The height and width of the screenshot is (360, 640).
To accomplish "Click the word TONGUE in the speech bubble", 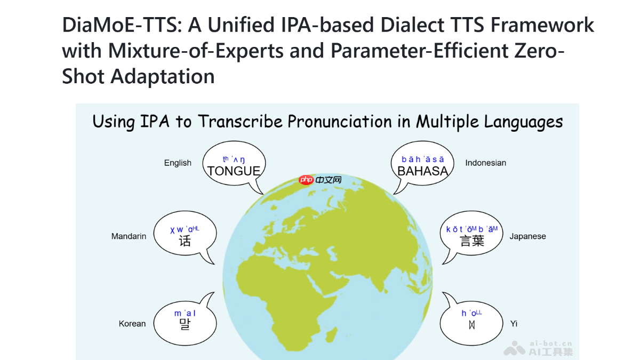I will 234,171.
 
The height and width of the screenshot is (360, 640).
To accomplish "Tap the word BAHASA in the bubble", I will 422,171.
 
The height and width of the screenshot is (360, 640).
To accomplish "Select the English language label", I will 178,163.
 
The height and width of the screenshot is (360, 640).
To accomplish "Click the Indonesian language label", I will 485,163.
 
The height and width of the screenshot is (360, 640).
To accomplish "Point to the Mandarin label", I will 129,236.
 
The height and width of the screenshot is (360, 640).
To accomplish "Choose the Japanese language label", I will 527,236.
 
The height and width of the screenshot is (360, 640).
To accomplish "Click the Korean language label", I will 132,323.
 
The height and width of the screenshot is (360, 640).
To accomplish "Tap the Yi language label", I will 514,323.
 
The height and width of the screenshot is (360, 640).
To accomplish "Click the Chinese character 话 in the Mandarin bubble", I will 185,241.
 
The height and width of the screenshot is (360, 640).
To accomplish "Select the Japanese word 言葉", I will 472,241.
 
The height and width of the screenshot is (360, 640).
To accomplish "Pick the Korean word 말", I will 185,324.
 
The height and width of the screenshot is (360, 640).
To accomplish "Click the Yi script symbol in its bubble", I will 471,324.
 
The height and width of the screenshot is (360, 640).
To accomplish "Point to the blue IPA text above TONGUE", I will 234,159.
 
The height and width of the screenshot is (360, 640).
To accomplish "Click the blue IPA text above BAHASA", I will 422,159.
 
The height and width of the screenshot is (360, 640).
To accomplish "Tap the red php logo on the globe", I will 306,180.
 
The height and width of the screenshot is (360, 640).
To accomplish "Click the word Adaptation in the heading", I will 162,76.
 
